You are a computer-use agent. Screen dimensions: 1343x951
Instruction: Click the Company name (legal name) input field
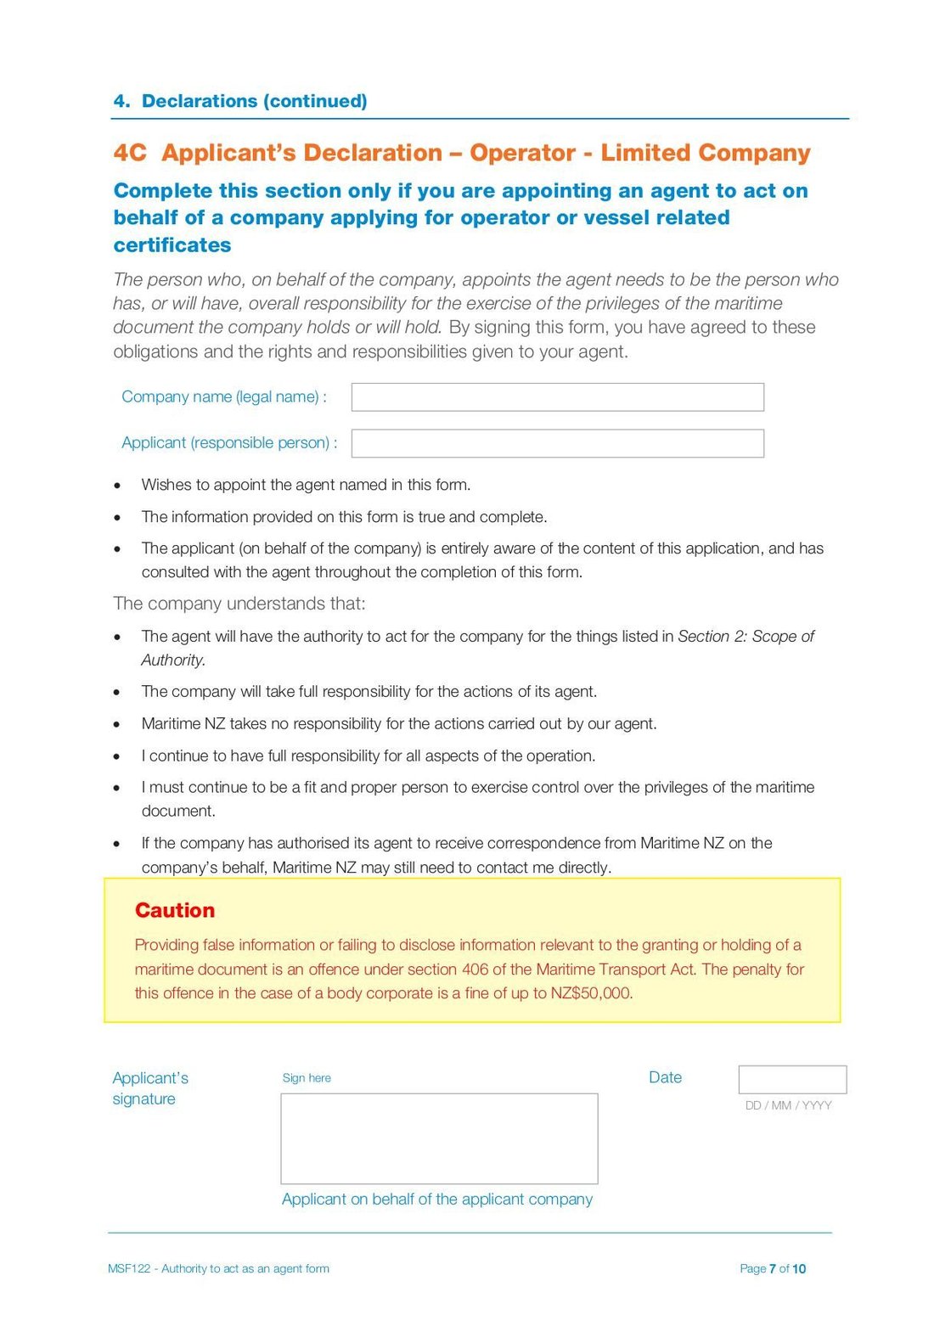point(557,397)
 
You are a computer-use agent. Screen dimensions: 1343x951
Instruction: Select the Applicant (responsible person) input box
point(557,443)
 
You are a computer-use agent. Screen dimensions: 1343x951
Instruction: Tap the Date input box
point(792,1079)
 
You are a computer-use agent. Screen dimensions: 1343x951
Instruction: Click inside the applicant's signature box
point(439,1138)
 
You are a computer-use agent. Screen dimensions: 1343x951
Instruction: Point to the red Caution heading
point(175,910)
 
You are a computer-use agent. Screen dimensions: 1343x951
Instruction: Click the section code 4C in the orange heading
point(130,153)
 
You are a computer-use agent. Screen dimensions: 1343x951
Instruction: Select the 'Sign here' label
point(307,1078)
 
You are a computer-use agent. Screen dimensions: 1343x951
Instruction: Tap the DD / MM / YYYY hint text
point(788,1105)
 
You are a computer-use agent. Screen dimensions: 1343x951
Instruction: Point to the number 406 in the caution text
point(476,969)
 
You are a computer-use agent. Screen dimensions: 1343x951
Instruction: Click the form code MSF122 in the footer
point(129,1268)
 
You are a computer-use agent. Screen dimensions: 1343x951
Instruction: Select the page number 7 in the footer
point(773,1268)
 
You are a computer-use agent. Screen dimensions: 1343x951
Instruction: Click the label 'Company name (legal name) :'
point(224,397)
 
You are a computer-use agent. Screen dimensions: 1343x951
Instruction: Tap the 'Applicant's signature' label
point(150,1088)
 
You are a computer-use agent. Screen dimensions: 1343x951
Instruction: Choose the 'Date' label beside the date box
point(665,1077)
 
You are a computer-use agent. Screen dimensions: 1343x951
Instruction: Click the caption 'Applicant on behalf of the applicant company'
point(437,1199)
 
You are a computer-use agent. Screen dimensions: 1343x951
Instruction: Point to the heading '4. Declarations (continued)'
point(240,101)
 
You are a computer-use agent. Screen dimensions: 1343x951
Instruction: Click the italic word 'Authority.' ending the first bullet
point(173,660)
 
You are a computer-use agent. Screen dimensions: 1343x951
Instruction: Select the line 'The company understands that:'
point(239,604)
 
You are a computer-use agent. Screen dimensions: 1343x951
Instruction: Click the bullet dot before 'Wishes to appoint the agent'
point(118,486)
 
